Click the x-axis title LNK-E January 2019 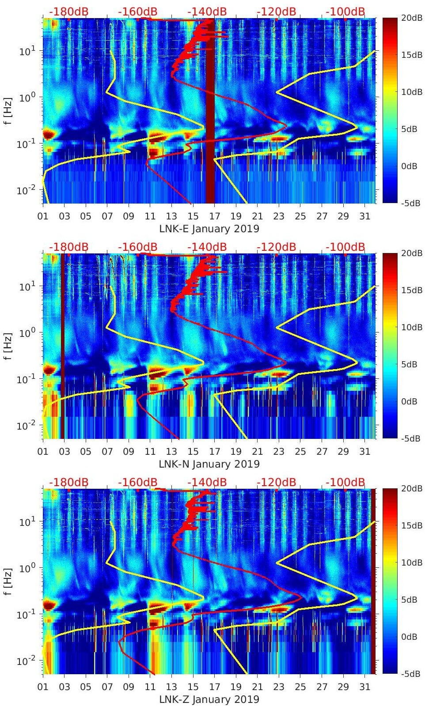[x=209, y=229]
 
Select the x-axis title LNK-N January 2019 [x=209, y=464]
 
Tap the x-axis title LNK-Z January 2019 [x=209, y=699]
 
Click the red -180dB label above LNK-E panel [x=68, y=11]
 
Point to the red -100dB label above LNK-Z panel [x=345, y=482]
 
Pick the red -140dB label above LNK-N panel [x=207, y=247]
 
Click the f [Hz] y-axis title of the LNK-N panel [x=8, y=346]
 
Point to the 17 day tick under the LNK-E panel [x=215, y=216]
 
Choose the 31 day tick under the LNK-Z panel [x=364, y=687]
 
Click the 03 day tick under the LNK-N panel [x=65, y=452]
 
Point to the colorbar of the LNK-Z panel [x=390, y=581]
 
